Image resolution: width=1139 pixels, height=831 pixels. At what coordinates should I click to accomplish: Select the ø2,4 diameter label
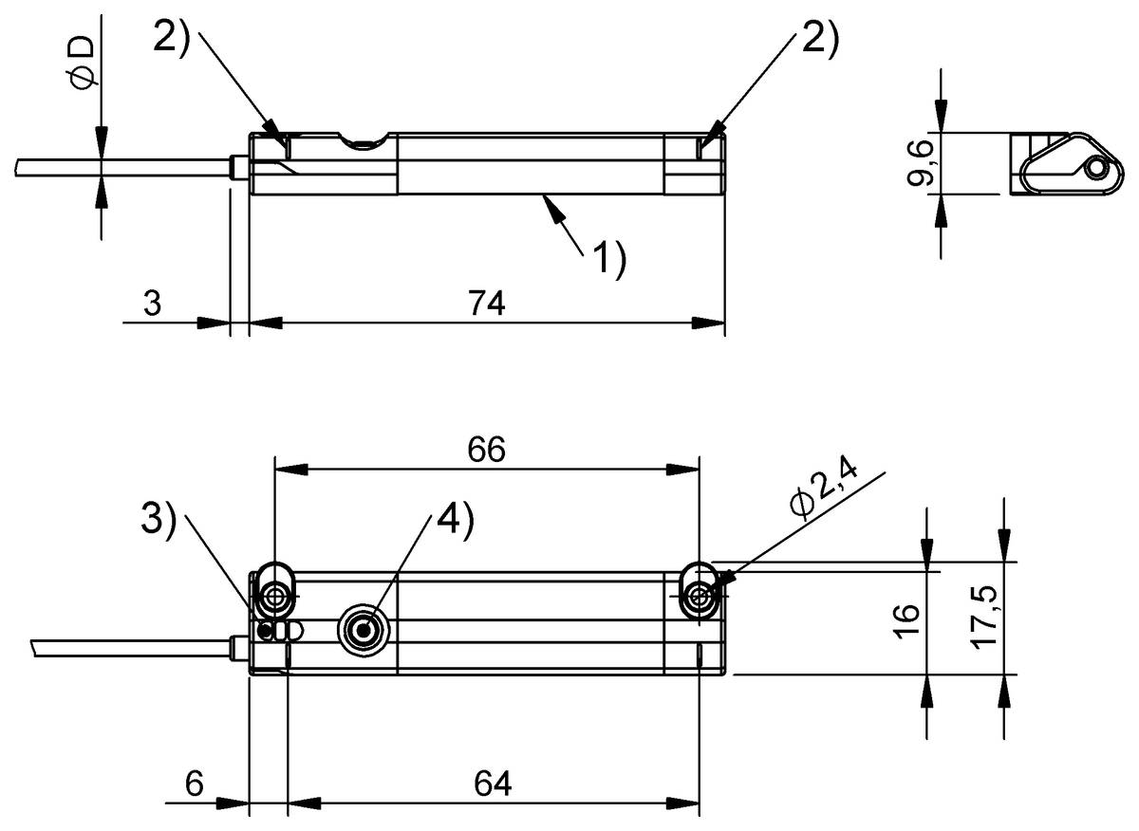coord(822,489)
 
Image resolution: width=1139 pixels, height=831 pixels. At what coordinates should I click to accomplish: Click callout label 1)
coord(609,260)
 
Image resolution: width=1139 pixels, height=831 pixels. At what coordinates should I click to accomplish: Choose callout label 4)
coord(454,521)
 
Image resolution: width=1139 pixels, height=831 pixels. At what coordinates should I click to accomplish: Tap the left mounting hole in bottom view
coord(276,596)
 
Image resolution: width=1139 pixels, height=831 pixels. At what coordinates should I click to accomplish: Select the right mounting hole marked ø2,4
coord(700,596)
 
